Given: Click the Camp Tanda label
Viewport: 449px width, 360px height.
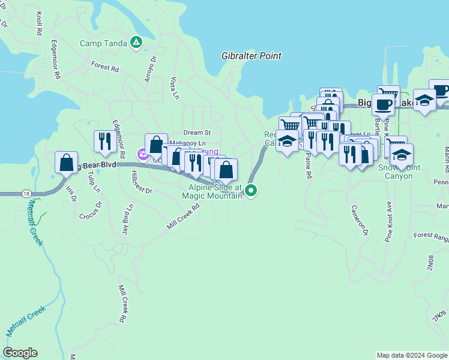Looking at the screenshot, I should click(x=105, y=43).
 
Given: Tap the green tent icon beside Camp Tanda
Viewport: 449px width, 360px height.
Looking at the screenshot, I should click(x=136, y=43).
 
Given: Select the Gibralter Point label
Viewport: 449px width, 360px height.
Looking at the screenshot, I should click(x=252, y=56).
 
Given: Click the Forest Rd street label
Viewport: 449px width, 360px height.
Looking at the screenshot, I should click(x=105, y=66).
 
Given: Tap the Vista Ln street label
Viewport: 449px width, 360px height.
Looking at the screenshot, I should click(x=174, y=88).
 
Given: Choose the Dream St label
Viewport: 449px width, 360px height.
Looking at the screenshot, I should click(x=197, y=132).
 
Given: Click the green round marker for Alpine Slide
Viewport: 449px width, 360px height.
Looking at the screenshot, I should click(x=252, y=191).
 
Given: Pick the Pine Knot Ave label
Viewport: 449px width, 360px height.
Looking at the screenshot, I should click(x=388, y=221).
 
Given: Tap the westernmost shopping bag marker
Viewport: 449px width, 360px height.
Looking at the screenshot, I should click(x=66, y=163).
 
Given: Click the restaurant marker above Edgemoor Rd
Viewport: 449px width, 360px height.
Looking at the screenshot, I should click(x=104, y=141).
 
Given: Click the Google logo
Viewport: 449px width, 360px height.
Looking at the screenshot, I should click(x=20, y=353).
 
